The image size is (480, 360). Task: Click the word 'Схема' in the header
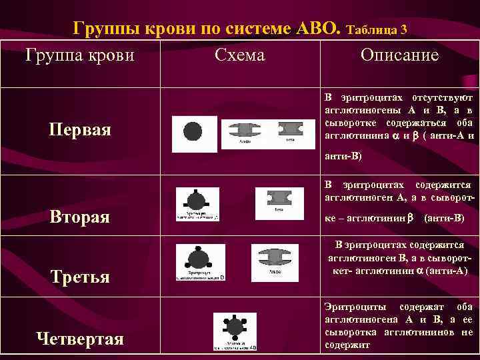240,55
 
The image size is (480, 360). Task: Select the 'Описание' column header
399,55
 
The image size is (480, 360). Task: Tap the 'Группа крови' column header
79,55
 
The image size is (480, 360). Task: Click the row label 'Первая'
80,129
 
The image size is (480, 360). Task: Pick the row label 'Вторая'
80,217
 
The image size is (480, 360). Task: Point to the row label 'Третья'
80,276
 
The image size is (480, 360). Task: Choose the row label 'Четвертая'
80,339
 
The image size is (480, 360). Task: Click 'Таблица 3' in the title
377,29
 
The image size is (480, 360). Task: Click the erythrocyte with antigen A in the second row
197,201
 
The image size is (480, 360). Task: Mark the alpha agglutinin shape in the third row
279,258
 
